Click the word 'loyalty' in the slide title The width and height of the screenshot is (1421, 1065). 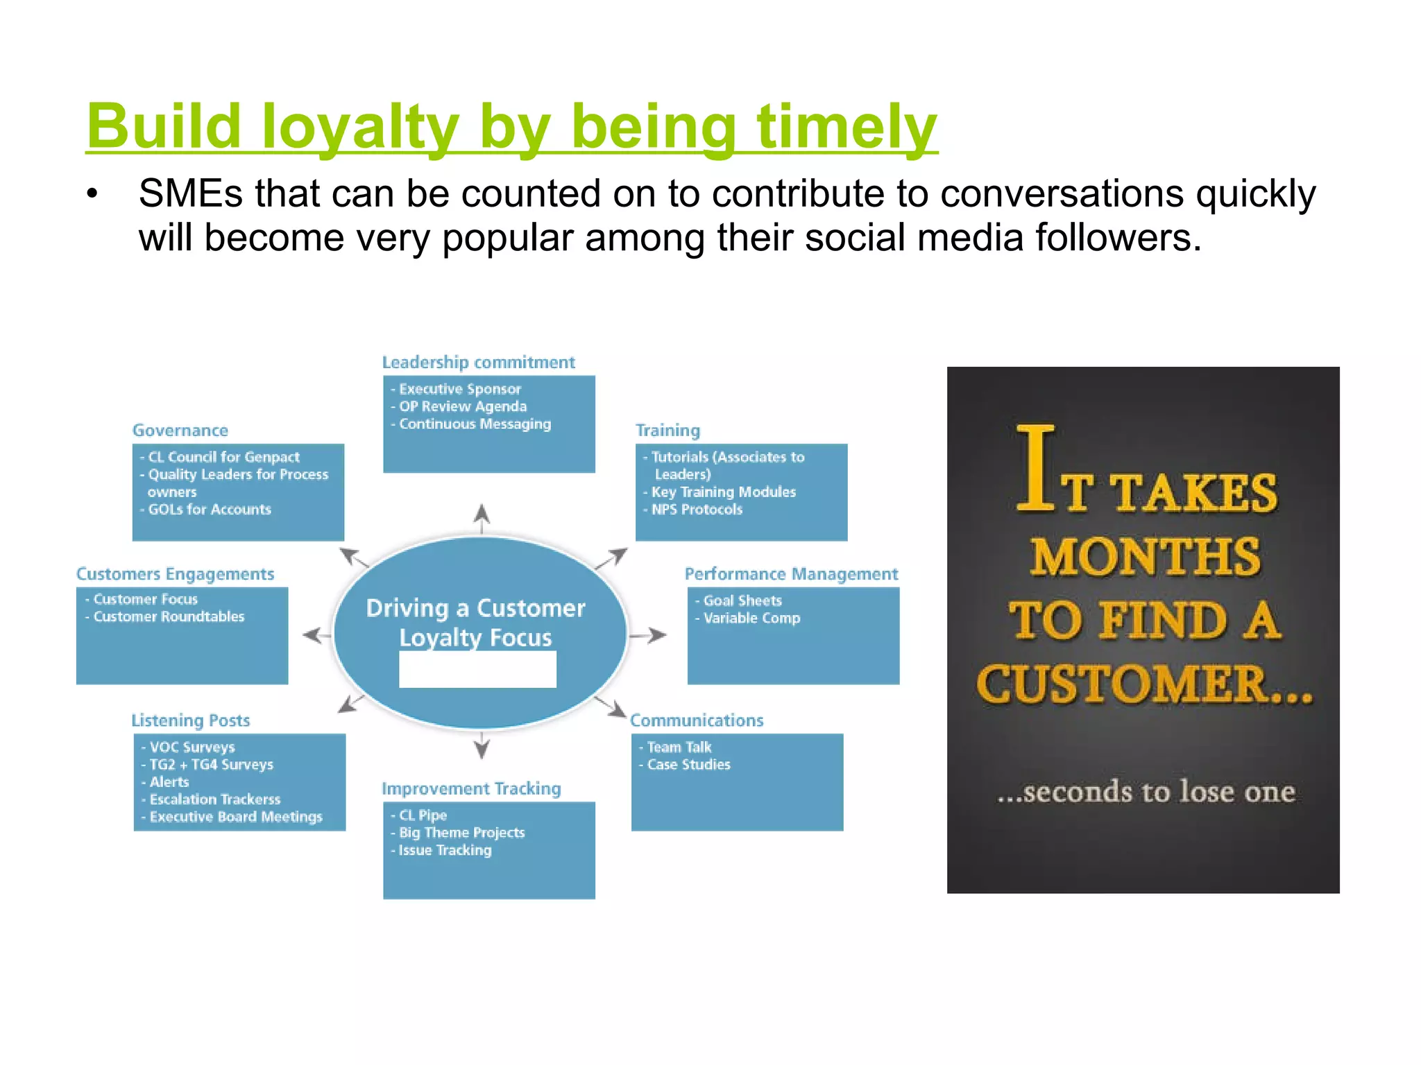click(x=360, y=127)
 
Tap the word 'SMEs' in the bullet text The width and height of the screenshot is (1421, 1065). click(x=190, y=193)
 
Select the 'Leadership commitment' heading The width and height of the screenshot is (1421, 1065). click(x=478, y=363)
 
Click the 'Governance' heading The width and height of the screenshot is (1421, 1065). click(x=180, y=431)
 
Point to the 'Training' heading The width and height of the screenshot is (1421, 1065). click(x=668, y=431)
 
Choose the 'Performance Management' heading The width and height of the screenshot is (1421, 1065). click(x=791, y=574)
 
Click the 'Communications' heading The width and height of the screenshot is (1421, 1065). click(x=697, y=720)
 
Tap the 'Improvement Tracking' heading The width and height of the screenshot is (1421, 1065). click(x=471, y=789)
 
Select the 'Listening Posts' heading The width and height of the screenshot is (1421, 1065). click(x=191, y=720)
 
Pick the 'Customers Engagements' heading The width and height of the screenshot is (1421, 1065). click(x=176, y=574)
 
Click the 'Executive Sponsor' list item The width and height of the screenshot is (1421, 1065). click(x=459, y=389)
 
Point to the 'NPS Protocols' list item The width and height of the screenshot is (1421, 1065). click(x=697, y=510)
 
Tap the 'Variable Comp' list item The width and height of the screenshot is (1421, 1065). click(x=751, y=618)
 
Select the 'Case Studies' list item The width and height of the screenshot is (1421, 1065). click(x=688, y=764)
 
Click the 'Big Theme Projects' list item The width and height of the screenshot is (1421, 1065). click(x=461, y=833)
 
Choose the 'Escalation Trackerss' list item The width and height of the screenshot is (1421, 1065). click(x=215, y=799)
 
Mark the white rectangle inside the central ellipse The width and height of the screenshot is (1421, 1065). click(x=477, y=669)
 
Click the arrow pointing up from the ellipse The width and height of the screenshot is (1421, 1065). click(x=482, y=517)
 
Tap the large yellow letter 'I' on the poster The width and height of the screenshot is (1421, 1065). click(x=1035, y=468)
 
